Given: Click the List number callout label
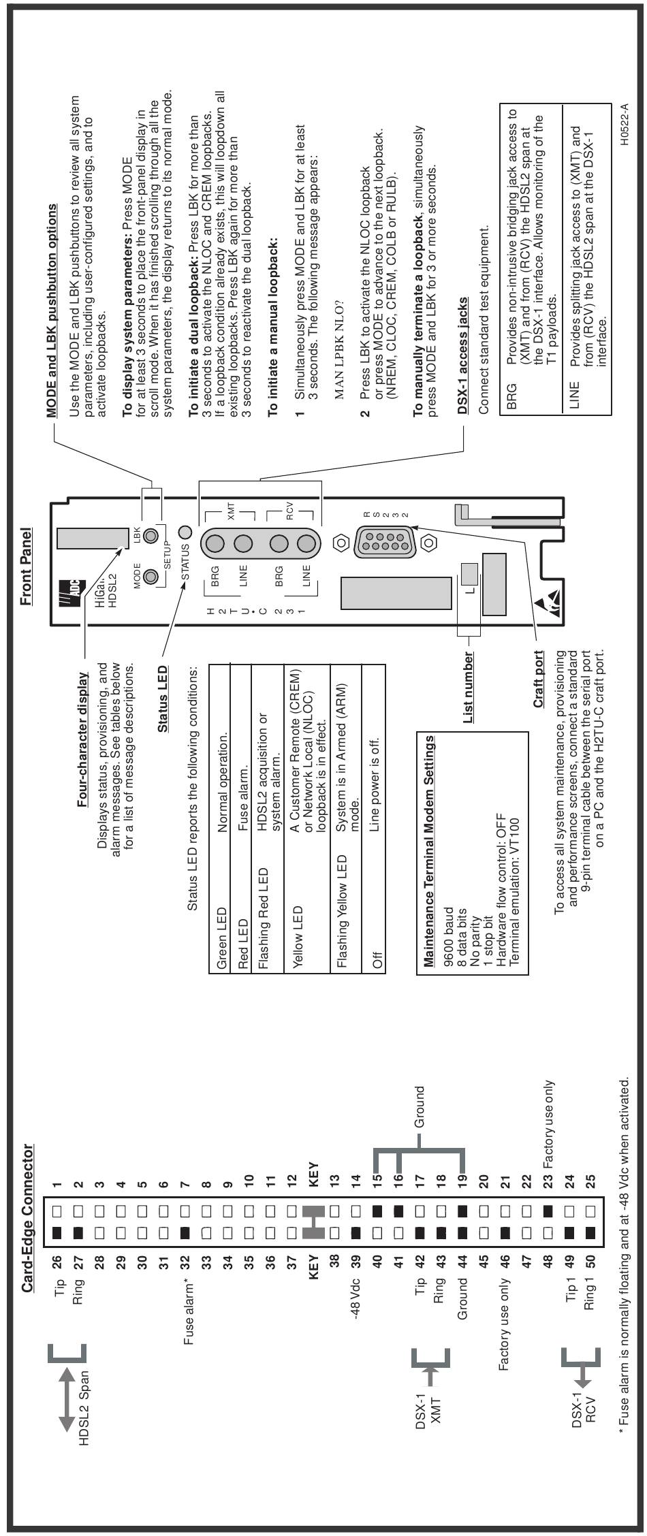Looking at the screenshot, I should pyautogui.click(x=468, y=688).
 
